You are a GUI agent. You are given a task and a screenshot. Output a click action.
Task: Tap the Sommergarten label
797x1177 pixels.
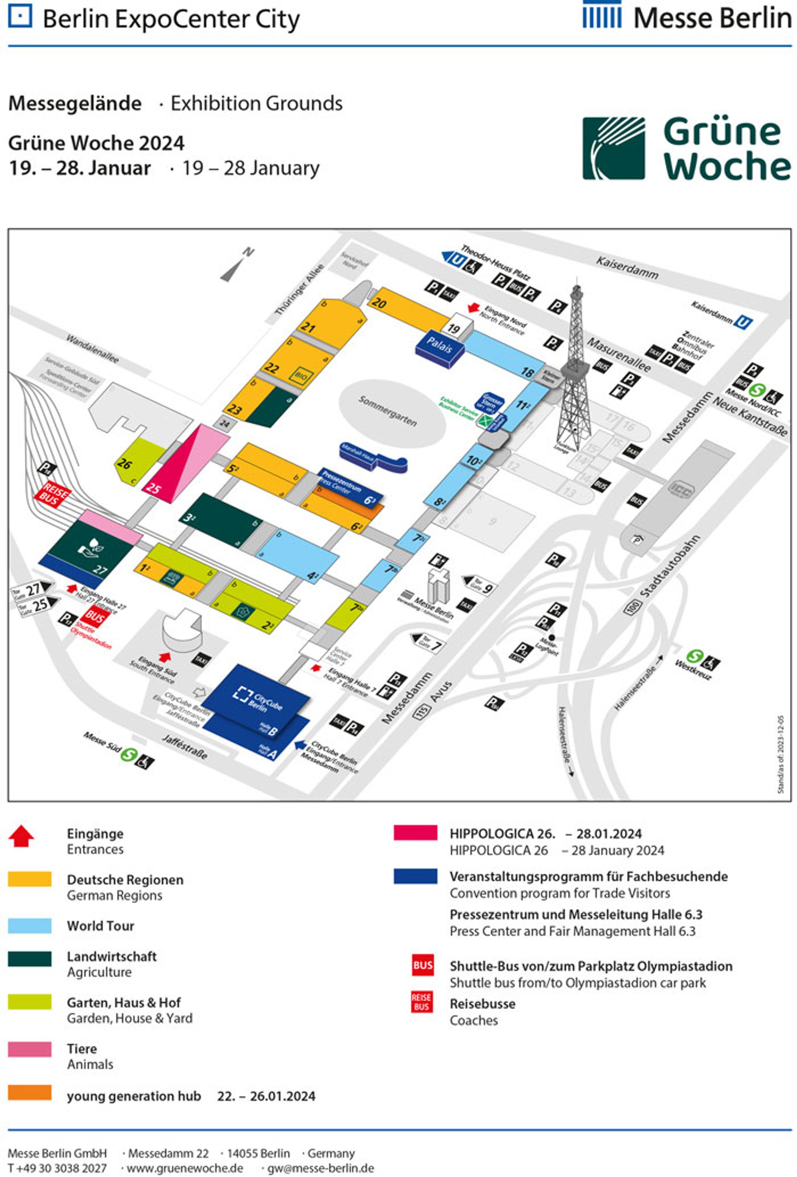(388, 411)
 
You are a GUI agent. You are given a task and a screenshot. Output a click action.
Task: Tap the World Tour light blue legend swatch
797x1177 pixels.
(29, 926)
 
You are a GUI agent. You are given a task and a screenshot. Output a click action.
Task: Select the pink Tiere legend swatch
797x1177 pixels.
(29, 1048)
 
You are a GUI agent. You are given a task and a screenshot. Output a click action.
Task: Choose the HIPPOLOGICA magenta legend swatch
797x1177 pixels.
(415, 833)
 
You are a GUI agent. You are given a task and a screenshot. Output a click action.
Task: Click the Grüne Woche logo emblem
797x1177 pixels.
(613, 148)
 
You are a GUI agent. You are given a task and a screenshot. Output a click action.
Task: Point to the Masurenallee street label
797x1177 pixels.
(618, 354)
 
